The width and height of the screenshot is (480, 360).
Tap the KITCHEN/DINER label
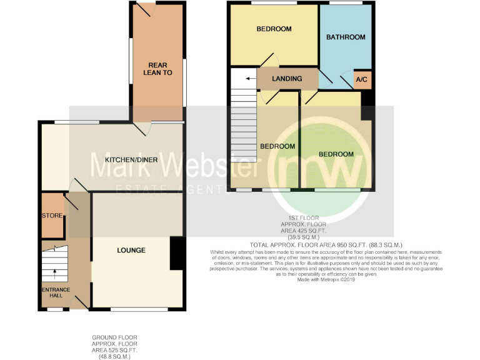click(131, 160)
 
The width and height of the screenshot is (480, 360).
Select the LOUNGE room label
click(131, 250)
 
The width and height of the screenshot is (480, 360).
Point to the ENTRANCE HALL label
click(56, 292)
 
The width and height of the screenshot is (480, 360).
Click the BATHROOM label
click(346, 37)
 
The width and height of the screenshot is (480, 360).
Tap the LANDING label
click(287, 79)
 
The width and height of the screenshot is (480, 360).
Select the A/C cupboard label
click(361, 79)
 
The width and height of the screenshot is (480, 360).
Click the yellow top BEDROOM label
click(274, 29)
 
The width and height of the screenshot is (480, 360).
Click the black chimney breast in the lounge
click(176, 253)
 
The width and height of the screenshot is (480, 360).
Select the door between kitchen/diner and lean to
click(144, 127)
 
